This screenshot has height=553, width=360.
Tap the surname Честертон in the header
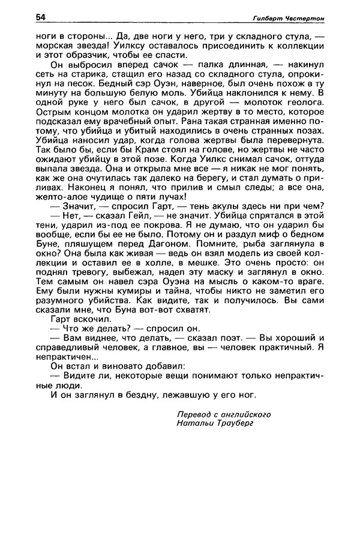point(304,19)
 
